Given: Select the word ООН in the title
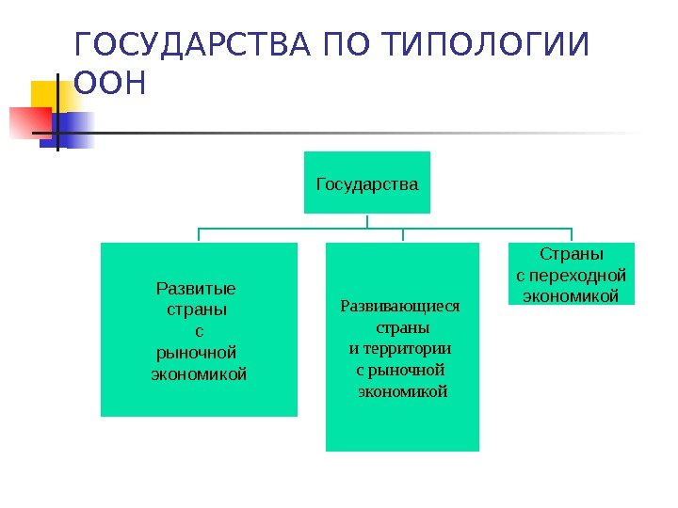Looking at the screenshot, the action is [x=110, y=85].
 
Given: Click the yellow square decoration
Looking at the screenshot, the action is [x=50, y=94].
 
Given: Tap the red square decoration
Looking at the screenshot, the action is [x=28, y=122].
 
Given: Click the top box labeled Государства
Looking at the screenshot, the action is [x=367, y=183].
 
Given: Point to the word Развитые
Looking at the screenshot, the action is [x=196, y=288].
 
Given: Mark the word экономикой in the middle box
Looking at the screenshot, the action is [x=403, y=390].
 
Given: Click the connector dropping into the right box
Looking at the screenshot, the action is [x=571, y=234].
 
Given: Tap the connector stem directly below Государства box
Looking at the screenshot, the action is [x=367, y=220].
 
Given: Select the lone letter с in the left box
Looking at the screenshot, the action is [x=198, y=331].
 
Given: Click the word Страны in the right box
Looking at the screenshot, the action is [x=572, y=255].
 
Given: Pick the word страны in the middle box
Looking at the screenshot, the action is [x=403, y=328].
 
